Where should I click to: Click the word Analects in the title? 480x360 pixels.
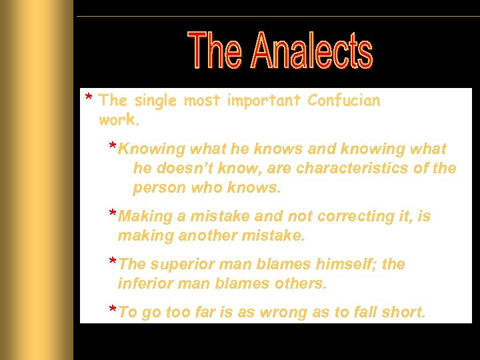[312, 51]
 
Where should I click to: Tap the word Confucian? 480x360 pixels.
[343, 101]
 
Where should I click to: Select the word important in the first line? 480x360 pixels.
[264, 101]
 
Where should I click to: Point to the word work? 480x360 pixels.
[119, 121]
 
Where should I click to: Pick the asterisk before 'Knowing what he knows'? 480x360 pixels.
[113, 146]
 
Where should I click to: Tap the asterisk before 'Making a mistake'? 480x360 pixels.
[113, 213]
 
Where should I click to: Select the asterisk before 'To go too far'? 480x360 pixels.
[113, 309]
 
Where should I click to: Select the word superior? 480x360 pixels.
[183, 265]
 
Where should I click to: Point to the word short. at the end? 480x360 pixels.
[402, 313]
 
